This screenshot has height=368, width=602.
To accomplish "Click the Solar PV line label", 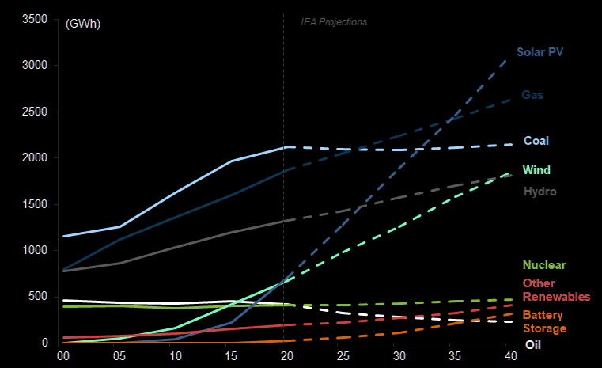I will pos(540,52).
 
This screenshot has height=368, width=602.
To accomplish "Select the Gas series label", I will pos(532,95).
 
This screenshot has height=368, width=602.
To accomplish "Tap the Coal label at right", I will pos(536,141).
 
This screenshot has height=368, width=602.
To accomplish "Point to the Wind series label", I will pos(536,170).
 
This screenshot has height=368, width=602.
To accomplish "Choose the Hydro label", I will pos(540,192).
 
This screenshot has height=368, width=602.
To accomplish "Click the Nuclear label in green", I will pos(544,265).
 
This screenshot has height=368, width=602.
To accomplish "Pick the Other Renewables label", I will pos(556,290).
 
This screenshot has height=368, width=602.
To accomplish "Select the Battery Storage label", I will pos(544,321).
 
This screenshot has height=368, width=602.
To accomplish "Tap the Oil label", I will pos(534,345).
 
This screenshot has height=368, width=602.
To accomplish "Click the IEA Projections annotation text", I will pos(334,22).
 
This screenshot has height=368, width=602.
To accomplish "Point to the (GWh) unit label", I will pos(83,23).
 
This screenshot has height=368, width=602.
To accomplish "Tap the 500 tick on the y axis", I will pos(40,297).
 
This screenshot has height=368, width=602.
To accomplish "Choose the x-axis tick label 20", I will pos(284,357).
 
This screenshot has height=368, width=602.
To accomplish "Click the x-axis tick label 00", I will pos(63,357).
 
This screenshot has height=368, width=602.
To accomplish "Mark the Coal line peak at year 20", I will pos(288,146).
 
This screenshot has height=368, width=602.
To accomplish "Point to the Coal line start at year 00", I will pos(63,237).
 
